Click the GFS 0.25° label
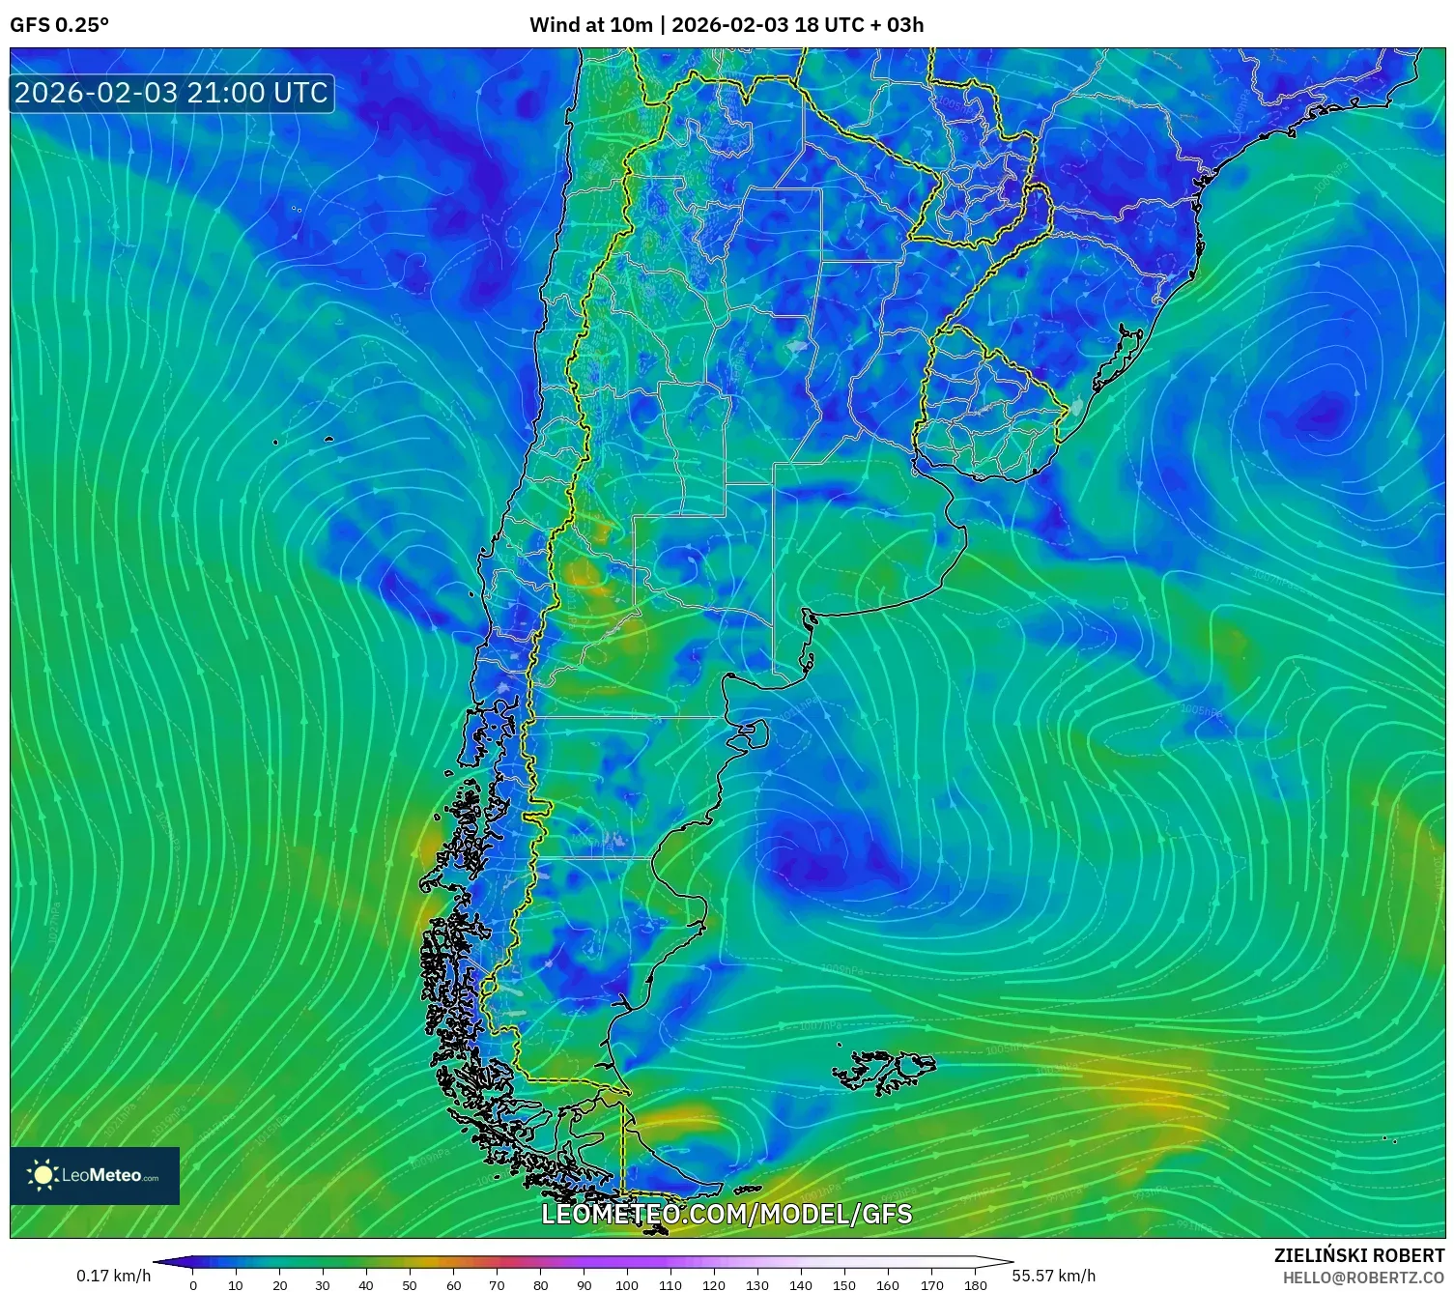[59, 25]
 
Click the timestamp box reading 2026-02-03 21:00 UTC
[171, 93]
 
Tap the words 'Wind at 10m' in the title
[590, 25]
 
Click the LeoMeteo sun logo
[43, 1174]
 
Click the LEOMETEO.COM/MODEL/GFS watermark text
[727, 1214]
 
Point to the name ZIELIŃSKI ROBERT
[1358, 1255]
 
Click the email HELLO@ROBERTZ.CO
[1362, 1277]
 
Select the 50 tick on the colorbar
[410, 1284]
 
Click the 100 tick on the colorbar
[627, 1284]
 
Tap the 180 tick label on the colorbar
[975, 1284]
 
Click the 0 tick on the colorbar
[193, 1284]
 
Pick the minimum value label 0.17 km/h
[114, 1276]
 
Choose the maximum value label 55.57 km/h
[1053, 1276]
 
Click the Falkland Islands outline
[884, 1071]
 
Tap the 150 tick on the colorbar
[844, 1284]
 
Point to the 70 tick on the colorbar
[497, 1284]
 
